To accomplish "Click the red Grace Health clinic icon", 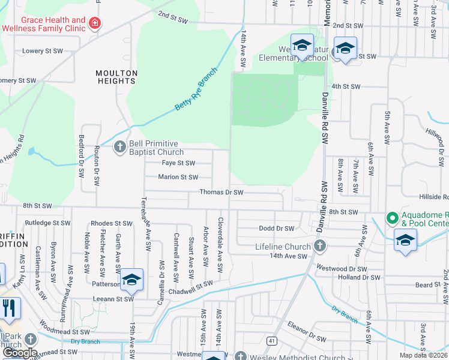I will [x=94, y=23].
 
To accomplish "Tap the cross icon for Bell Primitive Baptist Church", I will [x=119, y=146].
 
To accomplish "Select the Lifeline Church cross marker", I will [x=320, y=246].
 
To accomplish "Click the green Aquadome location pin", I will [x=393, y=218].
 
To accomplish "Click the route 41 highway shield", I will [x=272, y=341].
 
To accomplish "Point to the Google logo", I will [x=19, y=353].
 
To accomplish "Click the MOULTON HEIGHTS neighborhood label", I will [x=116, y=77].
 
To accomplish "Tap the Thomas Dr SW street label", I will [x=221, y=193].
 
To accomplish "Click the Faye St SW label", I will [x=178, y=163].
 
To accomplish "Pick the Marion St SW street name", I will [x=178, y=177].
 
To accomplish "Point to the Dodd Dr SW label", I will [x=276, y=228].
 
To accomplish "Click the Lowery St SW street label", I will [x=42, y=51].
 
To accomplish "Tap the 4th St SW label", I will [x=346, y=86].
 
